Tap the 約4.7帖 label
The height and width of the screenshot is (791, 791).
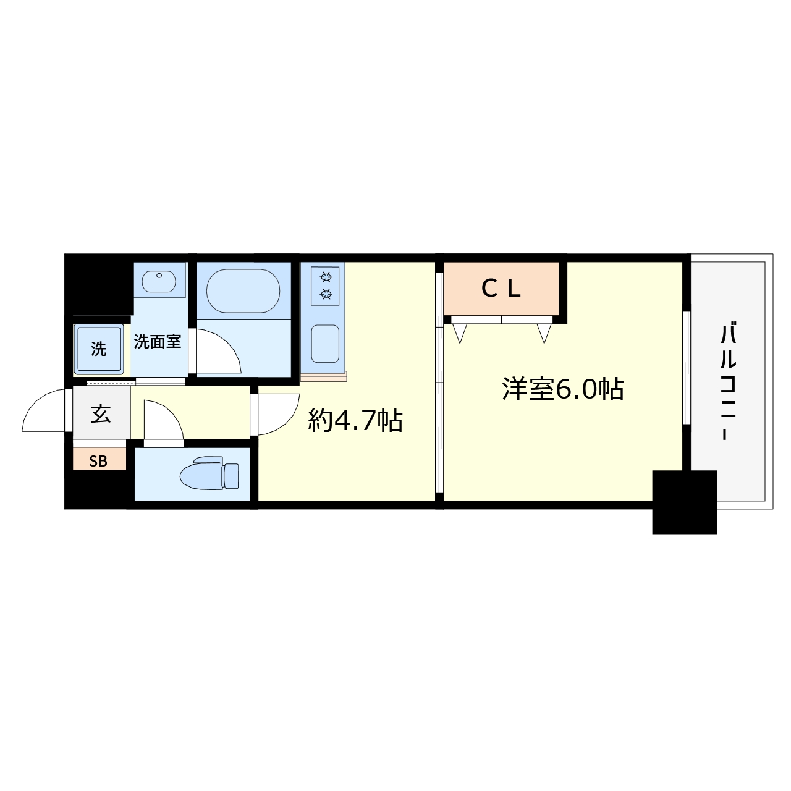[355, 421]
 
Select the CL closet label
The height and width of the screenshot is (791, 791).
[501, 288]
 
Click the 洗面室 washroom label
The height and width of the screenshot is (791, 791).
[158, 341]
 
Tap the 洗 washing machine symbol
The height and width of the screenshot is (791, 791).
[99, 350]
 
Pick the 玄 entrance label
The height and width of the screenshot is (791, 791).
[101, 414]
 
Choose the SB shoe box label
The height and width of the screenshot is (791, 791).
[98, 461]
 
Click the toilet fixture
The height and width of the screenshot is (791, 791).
[210, 474]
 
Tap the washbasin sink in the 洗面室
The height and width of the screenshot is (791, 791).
[160, 282]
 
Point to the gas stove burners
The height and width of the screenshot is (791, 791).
[326, 285]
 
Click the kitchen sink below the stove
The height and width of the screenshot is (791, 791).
[325, 344]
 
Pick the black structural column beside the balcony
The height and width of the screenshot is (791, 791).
[685, 502]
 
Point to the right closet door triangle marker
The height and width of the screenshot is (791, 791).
[544, 334]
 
